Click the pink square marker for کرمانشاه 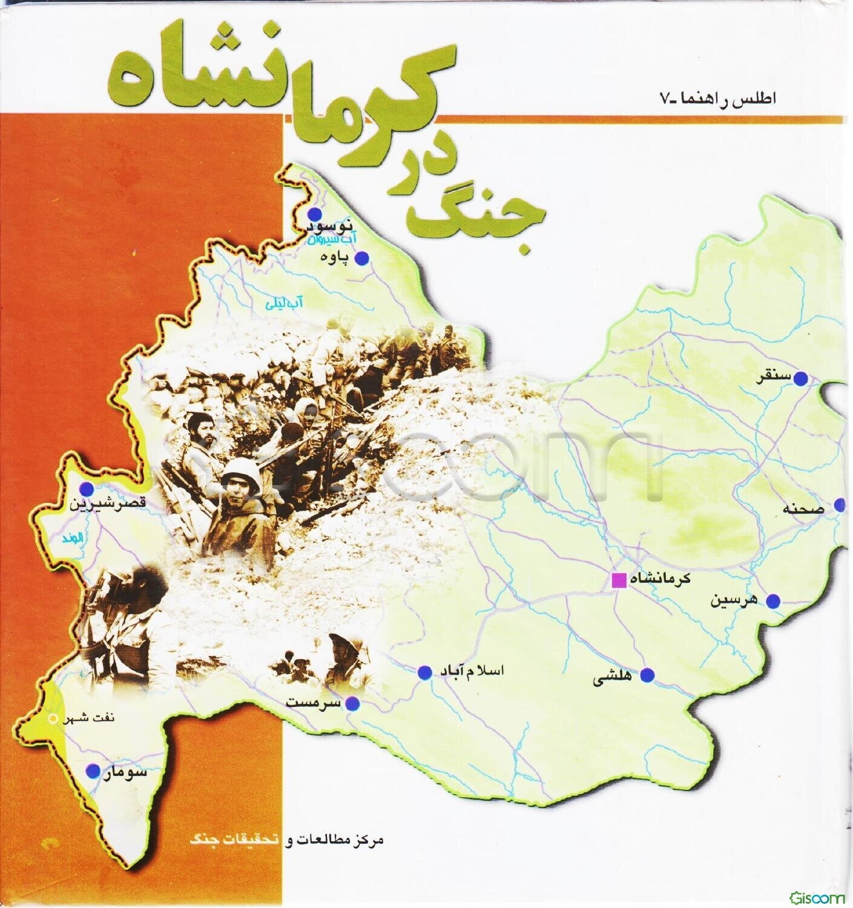[619, 580]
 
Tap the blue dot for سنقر [801, 379]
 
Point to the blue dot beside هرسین [774, 601]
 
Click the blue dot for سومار [93, 771]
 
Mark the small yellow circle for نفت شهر [52, 720]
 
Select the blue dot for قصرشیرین [88, 489]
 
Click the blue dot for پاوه [361, 259]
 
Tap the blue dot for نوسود [314, 214]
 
